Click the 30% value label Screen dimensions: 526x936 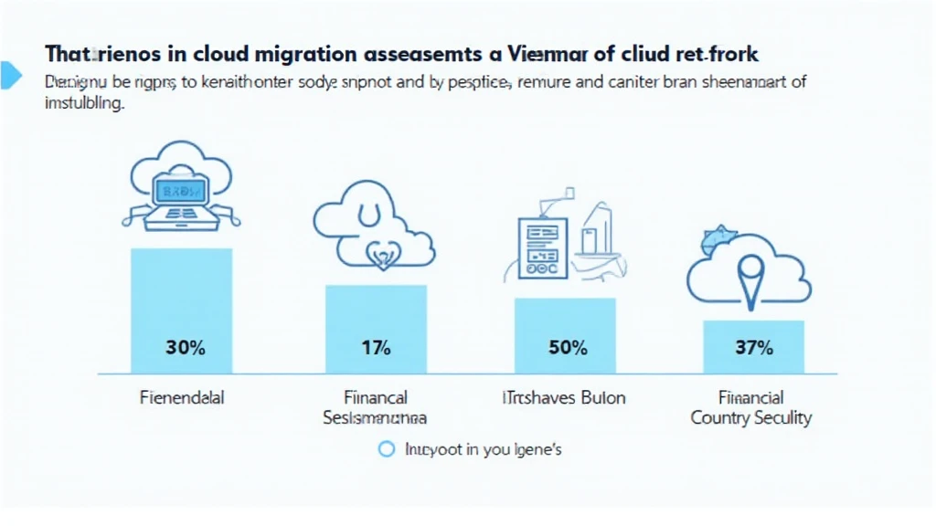(x=185, y=348)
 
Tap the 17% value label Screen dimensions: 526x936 (x=376, y=348)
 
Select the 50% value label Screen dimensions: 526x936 (x=567, y=348)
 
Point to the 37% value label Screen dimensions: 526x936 (x=754, y=348)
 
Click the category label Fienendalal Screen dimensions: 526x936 (x=183, y=398)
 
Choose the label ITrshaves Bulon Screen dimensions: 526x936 (x=565, y=398)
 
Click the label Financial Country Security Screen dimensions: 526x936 (x=751, y=408)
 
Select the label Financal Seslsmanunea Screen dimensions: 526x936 (x=375, y=408)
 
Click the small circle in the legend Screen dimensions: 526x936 (x=386, y=449)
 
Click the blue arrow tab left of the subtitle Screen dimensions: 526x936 (x=10, y=75)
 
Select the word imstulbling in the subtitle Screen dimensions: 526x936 (x=84, y=103)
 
